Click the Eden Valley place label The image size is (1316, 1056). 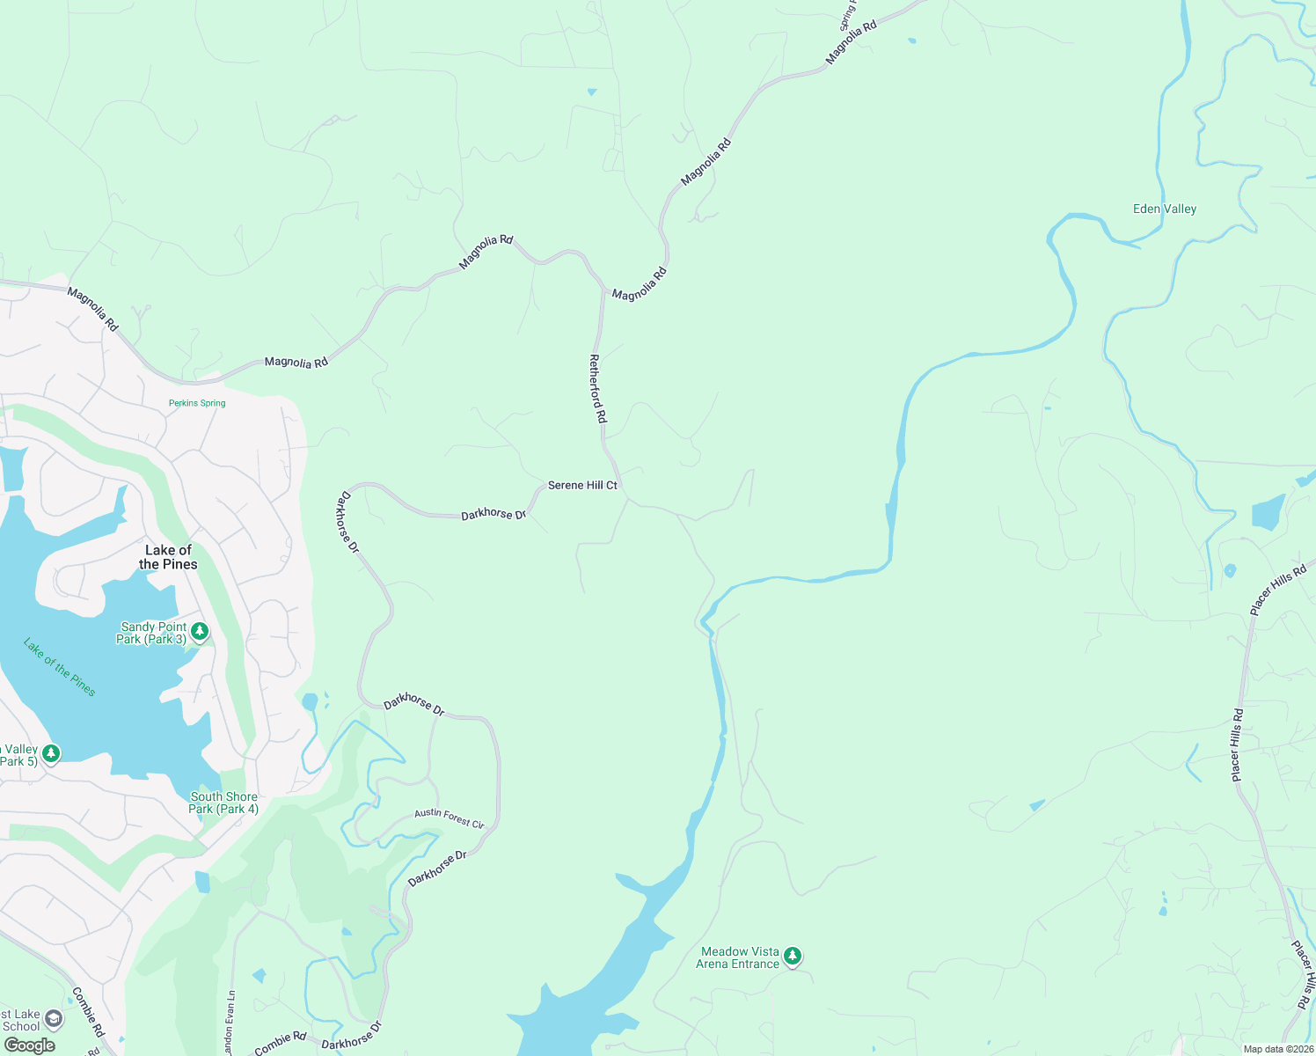click(1165, 209)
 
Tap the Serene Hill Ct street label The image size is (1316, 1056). click(582, 485)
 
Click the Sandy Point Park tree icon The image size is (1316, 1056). click(200, 631)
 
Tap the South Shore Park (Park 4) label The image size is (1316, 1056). click(223, 803)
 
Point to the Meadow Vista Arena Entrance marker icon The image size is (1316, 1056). click(793, 956)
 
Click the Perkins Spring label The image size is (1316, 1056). click(197, 403)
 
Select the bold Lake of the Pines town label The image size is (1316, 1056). click(168, 557)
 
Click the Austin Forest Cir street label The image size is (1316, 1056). click(449, 818)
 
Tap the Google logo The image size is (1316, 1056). click(29, 1045)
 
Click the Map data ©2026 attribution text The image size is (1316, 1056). click(1278, 1049)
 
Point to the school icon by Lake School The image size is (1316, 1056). click(54, 1019)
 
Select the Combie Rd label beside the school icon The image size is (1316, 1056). click(88, 1012)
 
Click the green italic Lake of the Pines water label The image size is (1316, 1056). click(60, 666)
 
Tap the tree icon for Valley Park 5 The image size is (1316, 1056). click(51, 753)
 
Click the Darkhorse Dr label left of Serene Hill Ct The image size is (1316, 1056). click(493, 514)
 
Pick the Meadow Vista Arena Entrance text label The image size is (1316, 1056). click(737, 957)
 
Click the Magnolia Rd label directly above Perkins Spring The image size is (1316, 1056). click(296, 362)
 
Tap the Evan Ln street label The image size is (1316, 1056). click(230, 1023)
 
